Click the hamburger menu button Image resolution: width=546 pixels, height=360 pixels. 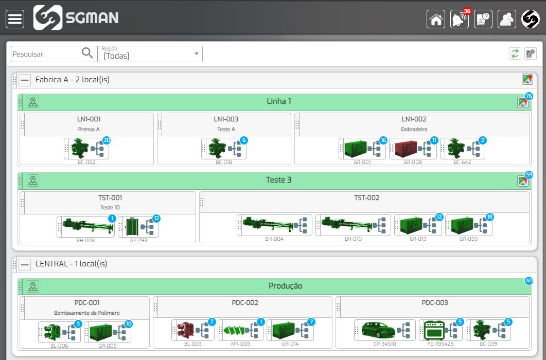point(15,19)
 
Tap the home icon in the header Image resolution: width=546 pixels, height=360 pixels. point(436,20)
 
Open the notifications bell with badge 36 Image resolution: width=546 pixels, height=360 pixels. point(459,20)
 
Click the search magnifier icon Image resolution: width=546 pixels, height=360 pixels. point(87,53)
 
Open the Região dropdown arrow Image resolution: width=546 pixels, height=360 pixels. point(196,53)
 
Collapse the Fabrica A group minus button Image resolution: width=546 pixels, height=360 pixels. point(25,80)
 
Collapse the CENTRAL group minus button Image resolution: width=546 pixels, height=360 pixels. point(25,264)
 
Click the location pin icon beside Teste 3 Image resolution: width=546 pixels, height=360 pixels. point(33,181)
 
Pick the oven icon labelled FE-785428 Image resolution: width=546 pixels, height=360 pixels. point(433,330)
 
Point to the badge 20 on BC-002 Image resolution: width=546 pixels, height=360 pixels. point(107,140)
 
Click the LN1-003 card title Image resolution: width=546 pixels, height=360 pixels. point(226,119)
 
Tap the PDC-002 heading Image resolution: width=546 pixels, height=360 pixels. point(245,303)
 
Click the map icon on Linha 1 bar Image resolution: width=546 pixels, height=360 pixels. point(522,102)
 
